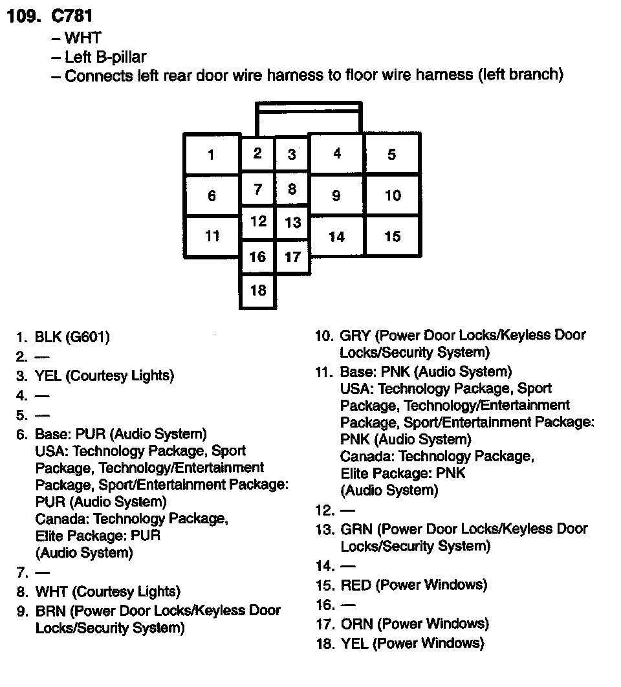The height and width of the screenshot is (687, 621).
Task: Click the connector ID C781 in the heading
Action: pos(71,16)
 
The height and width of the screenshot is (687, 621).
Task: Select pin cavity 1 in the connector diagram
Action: pos(212,155)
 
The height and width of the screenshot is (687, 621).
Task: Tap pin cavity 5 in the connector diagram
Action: pos(392,155)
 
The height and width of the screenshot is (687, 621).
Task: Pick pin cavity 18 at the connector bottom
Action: pos(257,290)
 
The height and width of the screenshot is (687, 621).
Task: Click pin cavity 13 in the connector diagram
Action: pos(292,223)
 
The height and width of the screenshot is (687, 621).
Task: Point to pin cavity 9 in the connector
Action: pos(336,195)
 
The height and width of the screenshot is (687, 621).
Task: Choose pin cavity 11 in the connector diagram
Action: pos(212,236)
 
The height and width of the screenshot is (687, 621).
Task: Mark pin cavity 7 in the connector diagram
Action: pos(257,190)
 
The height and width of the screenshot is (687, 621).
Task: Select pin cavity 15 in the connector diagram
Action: pos(393,236)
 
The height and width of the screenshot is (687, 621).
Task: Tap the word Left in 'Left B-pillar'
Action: pos(78,57)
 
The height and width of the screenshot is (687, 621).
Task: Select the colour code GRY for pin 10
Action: pos(354,336)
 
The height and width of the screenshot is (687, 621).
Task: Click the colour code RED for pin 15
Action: pos(356,585)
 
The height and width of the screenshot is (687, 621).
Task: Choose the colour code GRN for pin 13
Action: pos(355,529)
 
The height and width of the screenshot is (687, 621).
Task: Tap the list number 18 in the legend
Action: pos(323,644)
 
